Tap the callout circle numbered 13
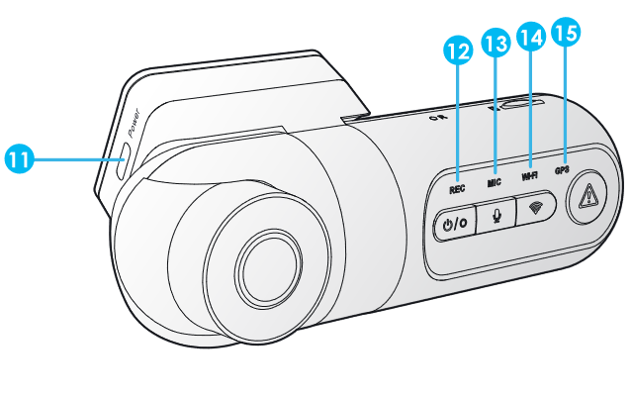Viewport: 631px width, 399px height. click(x=496, y=43)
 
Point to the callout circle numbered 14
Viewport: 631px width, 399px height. click(x=531, y=36)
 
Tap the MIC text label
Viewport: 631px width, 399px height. click(x=495, y=182)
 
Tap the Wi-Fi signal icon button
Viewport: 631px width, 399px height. click(x=536, y=208)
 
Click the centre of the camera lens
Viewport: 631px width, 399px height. click(x=266, y=265)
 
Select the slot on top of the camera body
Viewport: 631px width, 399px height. click(x=521, y=102)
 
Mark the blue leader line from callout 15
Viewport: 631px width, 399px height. click(x=566, y=99)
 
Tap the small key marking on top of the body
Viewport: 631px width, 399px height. click(x=436, y=118)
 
